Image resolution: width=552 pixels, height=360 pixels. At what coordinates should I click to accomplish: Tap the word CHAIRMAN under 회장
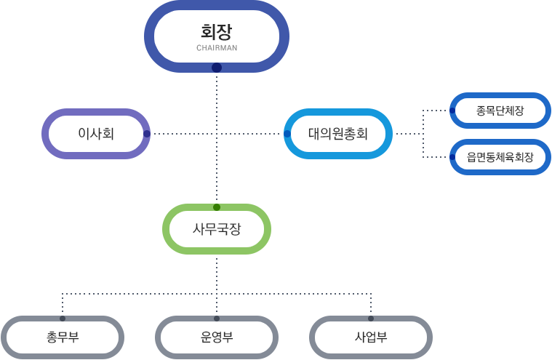click(x=217, y=49)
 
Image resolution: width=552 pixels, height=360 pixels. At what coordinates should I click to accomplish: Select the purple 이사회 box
click(x=96, y=134)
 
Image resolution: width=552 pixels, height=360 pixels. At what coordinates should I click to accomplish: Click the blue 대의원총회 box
click(x=338, y=134)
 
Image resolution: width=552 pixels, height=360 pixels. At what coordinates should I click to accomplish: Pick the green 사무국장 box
click(x=217, y=228)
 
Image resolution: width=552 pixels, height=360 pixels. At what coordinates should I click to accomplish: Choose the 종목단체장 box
click(x=500, y=111)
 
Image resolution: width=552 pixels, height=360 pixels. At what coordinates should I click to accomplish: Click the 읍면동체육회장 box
click(x=500, y=157)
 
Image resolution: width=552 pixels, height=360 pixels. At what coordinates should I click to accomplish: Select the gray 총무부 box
click(x=63, y=337)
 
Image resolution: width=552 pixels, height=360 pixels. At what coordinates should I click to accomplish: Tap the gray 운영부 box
click(x=217, y=337)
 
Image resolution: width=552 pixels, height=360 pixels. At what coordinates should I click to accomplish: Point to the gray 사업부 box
click(x=371, y=337)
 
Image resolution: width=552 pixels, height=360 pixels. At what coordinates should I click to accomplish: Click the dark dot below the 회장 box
click(x=217, y=68)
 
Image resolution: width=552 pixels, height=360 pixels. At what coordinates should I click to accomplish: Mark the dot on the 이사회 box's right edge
click(x=147, y=134)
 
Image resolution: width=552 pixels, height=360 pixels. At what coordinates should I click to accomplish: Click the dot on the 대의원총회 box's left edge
click(x=287, y=134)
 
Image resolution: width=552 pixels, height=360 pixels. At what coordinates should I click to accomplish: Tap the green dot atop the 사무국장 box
click(x=217, y=207)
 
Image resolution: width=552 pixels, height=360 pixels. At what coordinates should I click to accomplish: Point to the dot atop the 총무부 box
click(x=63, y=319)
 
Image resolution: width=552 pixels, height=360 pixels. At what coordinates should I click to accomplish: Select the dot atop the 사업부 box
click(x=371, y=319)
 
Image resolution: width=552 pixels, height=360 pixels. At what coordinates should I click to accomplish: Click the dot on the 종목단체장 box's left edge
click(x=452, y=111)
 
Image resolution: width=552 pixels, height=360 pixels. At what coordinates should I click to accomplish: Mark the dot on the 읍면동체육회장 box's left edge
click(x=452, y=157)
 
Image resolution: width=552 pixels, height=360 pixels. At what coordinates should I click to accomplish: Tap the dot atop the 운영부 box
click(x=217, y=319)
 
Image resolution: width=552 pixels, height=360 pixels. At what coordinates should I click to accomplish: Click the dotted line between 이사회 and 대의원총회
click(x=182, y=134)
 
